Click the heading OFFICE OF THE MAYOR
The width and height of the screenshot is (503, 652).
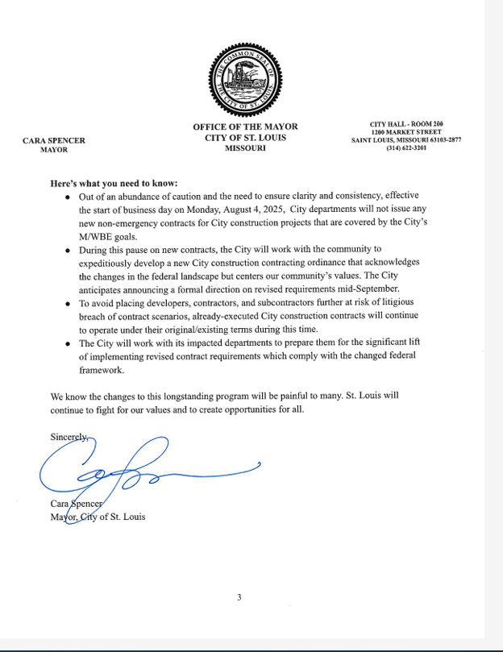click(x=245, y=127)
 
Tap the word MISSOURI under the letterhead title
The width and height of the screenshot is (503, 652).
click(x=245, y=149)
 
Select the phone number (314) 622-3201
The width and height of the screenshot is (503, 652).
click(x=406, y=148)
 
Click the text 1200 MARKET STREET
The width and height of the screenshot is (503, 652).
click(x=406, y=131)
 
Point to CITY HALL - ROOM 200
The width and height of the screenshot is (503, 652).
click(x=406, y=123)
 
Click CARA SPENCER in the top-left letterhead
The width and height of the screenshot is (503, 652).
click(x=54, y=140)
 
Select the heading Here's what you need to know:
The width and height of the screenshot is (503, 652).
click(x=114, y=183)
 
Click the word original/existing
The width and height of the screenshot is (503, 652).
click(x=227, y=330)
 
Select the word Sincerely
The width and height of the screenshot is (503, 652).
click(x=69, y=437)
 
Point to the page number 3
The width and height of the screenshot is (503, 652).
click(x=239, y=597)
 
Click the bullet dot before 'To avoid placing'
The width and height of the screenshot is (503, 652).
click(x=68, y=305)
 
